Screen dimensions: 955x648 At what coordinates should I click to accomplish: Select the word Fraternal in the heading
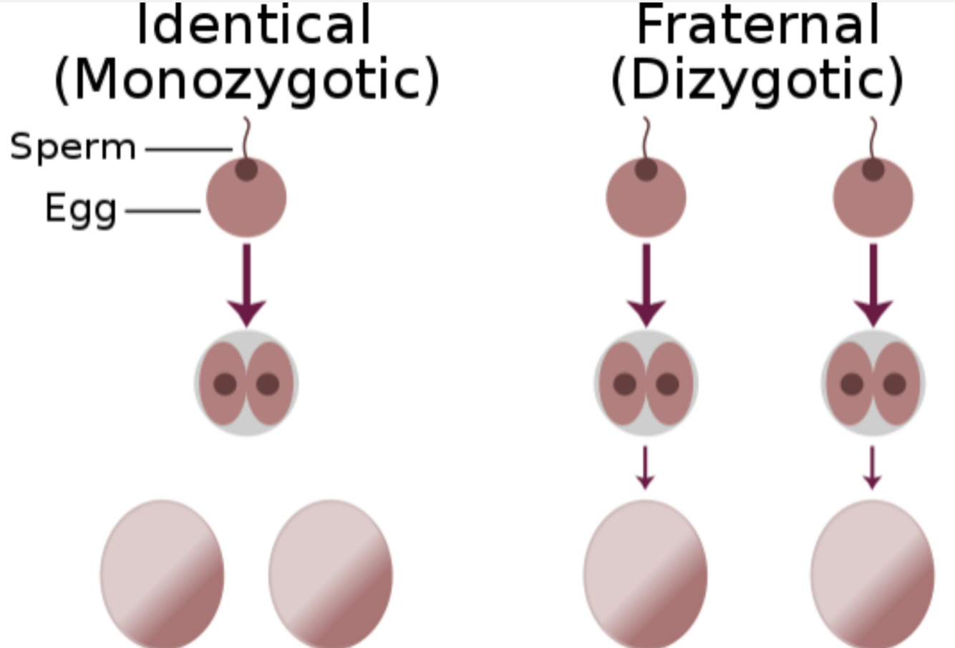(757, 26)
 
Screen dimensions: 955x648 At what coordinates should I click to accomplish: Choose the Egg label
(81, 209)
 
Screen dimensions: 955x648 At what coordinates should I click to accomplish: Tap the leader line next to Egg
(163, 211)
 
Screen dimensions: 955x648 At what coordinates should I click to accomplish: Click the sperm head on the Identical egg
(246, 170)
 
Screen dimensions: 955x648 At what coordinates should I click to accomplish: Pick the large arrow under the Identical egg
(246, 286)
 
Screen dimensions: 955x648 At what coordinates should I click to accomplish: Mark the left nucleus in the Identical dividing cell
(225, 384)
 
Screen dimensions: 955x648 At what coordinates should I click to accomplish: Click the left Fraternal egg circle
(646, 199)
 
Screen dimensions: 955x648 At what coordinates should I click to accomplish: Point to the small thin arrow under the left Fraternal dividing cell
(646, 468)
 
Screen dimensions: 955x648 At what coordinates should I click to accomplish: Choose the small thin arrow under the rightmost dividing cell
(872, 468)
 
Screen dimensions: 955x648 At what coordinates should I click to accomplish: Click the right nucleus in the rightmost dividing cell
(894, 384)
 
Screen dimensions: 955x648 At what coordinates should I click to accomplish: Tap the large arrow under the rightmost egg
(873, 286)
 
